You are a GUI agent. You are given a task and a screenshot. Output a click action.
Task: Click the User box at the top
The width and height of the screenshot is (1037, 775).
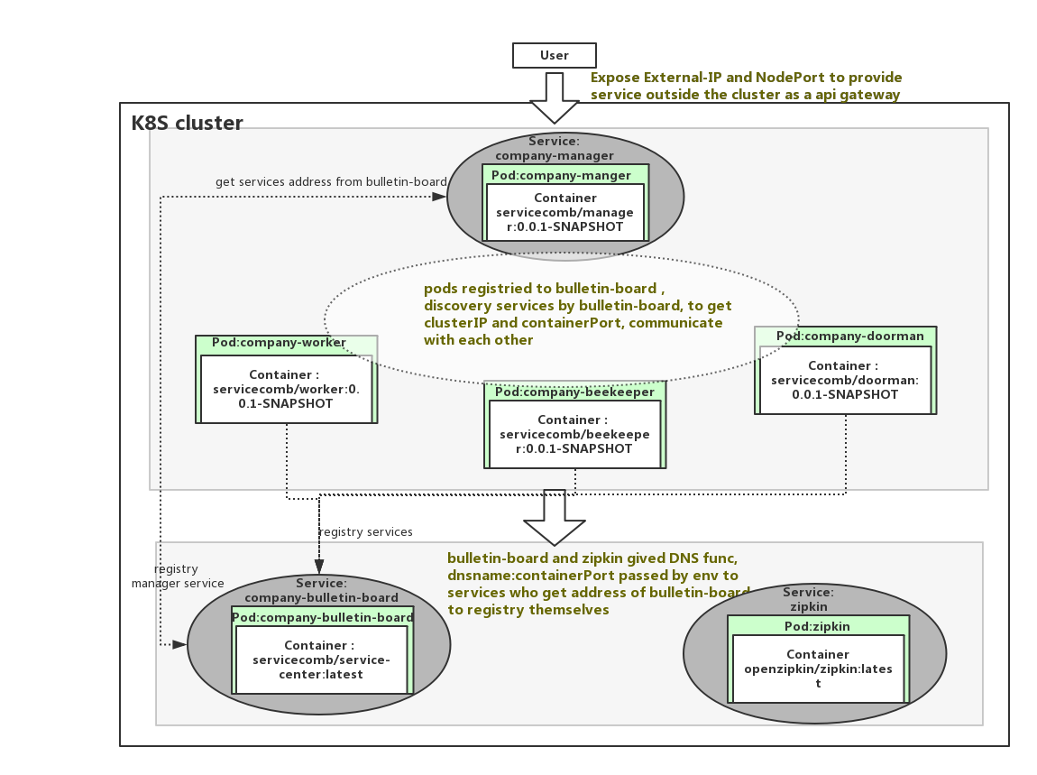pyautogui.click(x=554, y=56)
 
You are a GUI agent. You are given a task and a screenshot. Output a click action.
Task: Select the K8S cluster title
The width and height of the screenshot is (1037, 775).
pyautogui.click(x=188, y=124)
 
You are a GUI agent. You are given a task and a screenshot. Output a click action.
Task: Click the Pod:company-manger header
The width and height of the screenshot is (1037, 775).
pyautogui.click(x=561, y=175)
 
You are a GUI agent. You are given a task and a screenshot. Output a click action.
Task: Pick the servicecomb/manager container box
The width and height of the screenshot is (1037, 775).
pyautogui.click(x=565, y=213)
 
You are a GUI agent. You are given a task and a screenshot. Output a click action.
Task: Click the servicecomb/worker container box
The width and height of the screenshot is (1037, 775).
pyautogui.click(x=286, y=389)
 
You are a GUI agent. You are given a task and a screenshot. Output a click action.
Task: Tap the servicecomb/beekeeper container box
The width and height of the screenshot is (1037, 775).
pyautogui.click(x=574, y=434)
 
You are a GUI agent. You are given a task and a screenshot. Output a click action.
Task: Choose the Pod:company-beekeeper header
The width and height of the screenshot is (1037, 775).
pyautogui.click(x=574, y=392)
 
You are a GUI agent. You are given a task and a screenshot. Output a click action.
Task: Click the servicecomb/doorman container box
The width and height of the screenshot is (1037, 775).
pyautogui.click(x=845, y=380)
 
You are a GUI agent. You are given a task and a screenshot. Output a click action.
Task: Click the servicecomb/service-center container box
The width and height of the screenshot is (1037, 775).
pyautogui.click(x=321, y=660)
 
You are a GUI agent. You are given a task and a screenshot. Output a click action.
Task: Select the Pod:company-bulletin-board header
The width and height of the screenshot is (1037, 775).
pyautogui.click(x=323, y=617)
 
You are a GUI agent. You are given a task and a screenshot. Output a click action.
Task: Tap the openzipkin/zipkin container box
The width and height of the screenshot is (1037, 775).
pyautogui.click(x=818, y=669)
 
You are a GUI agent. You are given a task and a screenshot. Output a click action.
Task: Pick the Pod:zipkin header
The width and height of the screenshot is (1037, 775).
pyautogui.click(x=817, y=626)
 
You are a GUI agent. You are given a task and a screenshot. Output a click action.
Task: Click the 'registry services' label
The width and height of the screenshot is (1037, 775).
pyautogui.click(x=366, y=532)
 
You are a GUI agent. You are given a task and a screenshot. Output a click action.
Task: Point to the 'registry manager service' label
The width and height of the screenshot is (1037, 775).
pyautogui.click(x=177, y=577)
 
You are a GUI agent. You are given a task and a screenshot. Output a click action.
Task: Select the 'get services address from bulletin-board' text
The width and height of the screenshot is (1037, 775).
pyautogui.click(x=331, y=182)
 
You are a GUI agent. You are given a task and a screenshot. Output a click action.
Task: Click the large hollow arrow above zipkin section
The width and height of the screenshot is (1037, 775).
pyautogui.click(x=555, y=519)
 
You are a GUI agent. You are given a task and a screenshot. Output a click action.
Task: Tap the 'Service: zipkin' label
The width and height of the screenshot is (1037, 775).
pyautogui.click(x=808, y=599)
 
